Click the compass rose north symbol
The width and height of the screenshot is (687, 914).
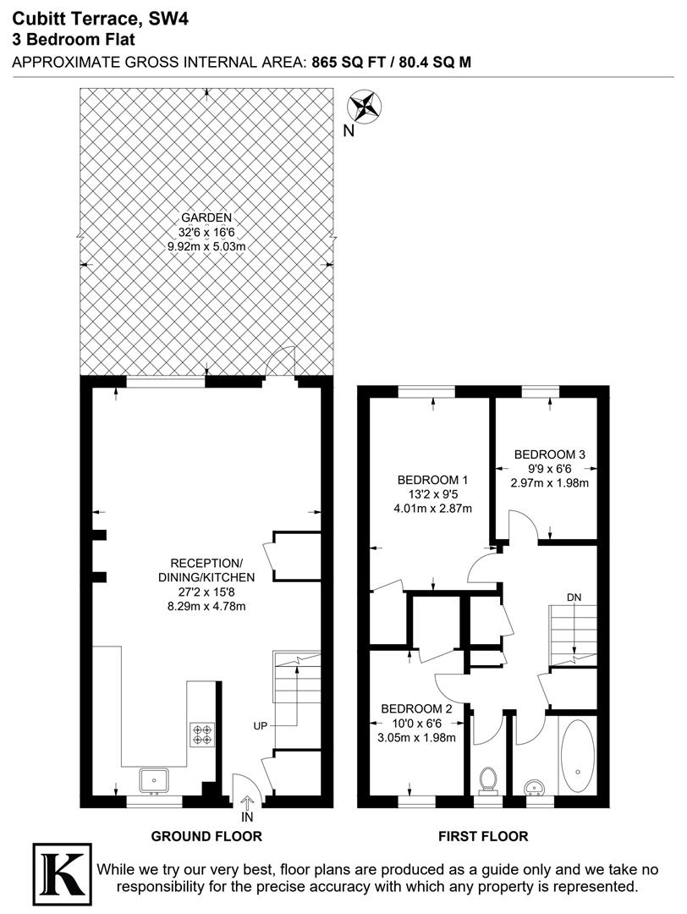tap(365, 107)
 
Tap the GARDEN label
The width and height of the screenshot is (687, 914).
tap(206, 217)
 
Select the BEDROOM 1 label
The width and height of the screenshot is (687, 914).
tap(432, 480)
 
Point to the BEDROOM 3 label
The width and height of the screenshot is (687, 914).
tap(550, 454)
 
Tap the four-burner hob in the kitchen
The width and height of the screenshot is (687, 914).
tap(203, 733)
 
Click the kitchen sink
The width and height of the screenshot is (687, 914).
tap(155, 779)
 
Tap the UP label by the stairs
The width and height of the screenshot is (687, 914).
tap(261, 726)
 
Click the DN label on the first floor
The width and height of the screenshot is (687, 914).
tap(574, 597)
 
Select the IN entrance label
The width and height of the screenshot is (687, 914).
tap(247, 818)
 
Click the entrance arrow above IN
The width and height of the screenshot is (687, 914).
tap(247, 802)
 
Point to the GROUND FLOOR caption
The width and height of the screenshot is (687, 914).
tap(206, 837)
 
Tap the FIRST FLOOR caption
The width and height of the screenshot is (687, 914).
tap(483, 837)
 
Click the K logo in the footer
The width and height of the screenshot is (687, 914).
tap(62, 870)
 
